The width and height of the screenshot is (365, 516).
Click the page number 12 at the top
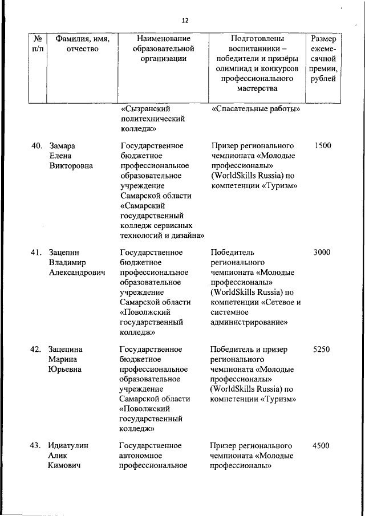click(185, 21)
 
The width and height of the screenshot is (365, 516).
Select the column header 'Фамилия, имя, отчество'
click(82, 43)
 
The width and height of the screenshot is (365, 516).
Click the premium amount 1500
click(322, 145)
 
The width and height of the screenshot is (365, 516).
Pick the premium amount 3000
click(322, 252)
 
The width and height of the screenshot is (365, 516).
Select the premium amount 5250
click(322, 349)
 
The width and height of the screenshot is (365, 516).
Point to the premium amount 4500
click(322, 445)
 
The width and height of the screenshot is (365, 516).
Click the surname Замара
click(63, 145)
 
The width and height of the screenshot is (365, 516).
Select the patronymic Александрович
click(78, 273)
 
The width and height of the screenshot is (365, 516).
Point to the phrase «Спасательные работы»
click(256, 109)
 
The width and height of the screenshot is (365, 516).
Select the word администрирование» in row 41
click(249, 322)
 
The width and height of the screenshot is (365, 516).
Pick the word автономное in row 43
click(141, 456)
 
